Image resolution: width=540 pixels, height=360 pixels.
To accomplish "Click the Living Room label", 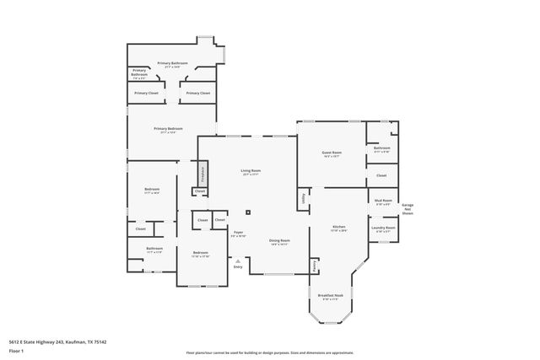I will (251, 172).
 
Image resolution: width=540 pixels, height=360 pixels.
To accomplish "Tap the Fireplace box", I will (202, 174).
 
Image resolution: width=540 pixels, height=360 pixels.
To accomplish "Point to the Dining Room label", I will (279, 242).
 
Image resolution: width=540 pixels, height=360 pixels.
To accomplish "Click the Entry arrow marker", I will (239, 263).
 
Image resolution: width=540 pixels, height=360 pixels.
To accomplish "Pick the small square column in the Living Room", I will (248, 212).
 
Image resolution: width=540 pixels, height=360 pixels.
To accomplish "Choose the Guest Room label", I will (330, 154).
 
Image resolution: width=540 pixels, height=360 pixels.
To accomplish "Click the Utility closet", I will (302, 199).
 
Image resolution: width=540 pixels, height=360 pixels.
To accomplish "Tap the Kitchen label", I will (338, 228).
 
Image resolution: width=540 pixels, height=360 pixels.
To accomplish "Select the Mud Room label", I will (382, 201).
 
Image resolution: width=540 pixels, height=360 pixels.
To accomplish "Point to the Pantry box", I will (315, 266).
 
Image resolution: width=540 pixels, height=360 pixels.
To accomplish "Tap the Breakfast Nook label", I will (330, 297).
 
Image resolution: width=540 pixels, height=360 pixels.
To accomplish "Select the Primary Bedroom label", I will (165, 130).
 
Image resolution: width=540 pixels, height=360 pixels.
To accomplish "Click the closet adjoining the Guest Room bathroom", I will (381, 175).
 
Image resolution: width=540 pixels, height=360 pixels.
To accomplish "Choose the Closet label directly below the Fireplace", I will (200, 192).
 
